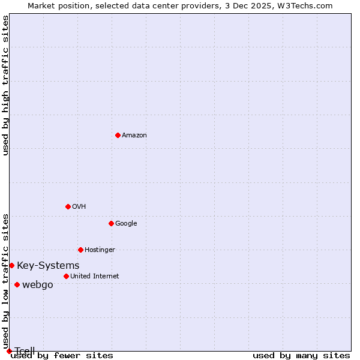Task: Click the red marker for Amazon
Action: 118,135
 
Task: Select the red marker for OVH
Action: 68,206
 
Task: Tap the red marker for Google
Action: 111,223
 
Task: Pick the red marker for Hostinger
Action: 80,250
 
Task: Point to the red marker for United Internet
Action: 66,276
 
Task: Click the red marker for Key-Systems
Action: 11,265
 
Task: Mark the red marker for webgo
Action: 17,284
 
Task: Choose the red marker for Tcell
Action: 9,351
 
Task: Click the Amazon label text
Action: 134,136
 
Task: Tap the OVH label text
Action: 79,207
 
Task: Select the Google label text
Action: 126,224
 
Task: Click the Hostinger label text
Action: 100,250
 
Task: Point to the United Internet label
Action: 95,277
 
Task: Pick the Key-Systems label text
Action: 48,266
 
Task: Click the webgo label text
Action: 38,285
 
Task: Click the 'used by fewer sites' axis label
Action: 62,355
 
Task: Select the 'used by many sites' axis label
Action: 301,355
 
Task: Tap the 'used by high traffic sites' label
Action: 5,85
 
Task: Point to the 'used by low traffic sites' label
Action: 5,281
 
